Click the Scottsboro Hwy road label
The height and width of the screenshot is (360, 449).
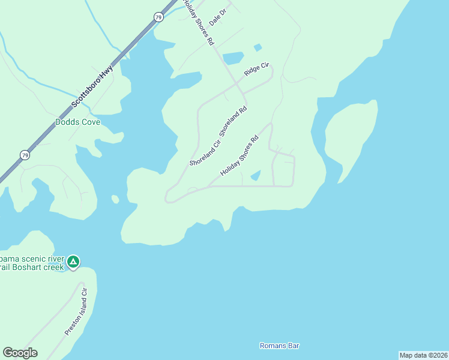click(x=92, y=87)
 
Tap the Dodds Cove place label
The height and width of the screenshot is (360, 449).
click(x=77, y=122)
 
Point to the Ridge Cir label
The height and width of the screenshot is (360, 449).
click(x=256, y=69)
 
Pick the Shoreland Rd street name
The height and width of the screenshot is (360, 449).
click(x=234, y=122)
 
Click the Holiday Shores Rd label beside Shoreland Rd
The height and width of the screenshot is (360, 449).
click(x=239, y=155)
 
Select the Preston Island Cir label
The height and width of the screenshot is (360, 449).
click(x=76, y=311)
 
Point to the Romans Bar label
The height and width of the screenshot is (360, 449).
click(x=279, y=346)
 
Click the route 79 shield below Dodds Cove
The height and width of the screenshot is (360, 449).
click(x=23, y=155)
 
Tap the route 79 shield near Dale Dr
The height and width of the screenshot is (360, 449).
click(x=158, y=17)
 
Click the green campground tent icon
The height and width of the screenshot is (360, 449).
click(x=73, y=262)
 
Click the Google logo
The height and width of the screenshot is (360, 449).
click(x=20, y=353)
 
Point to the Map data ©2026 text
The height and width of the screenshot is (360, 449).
click(x=423, y=355)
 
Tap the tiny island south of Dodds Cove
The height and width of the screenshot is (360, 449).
click(x=115, y=199)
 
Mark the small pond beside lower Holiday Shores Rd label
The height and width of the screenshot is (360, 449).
click(x=255, y=175)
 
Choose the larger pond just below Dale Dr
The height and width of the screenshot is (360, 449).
click(x=233, y=58)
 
